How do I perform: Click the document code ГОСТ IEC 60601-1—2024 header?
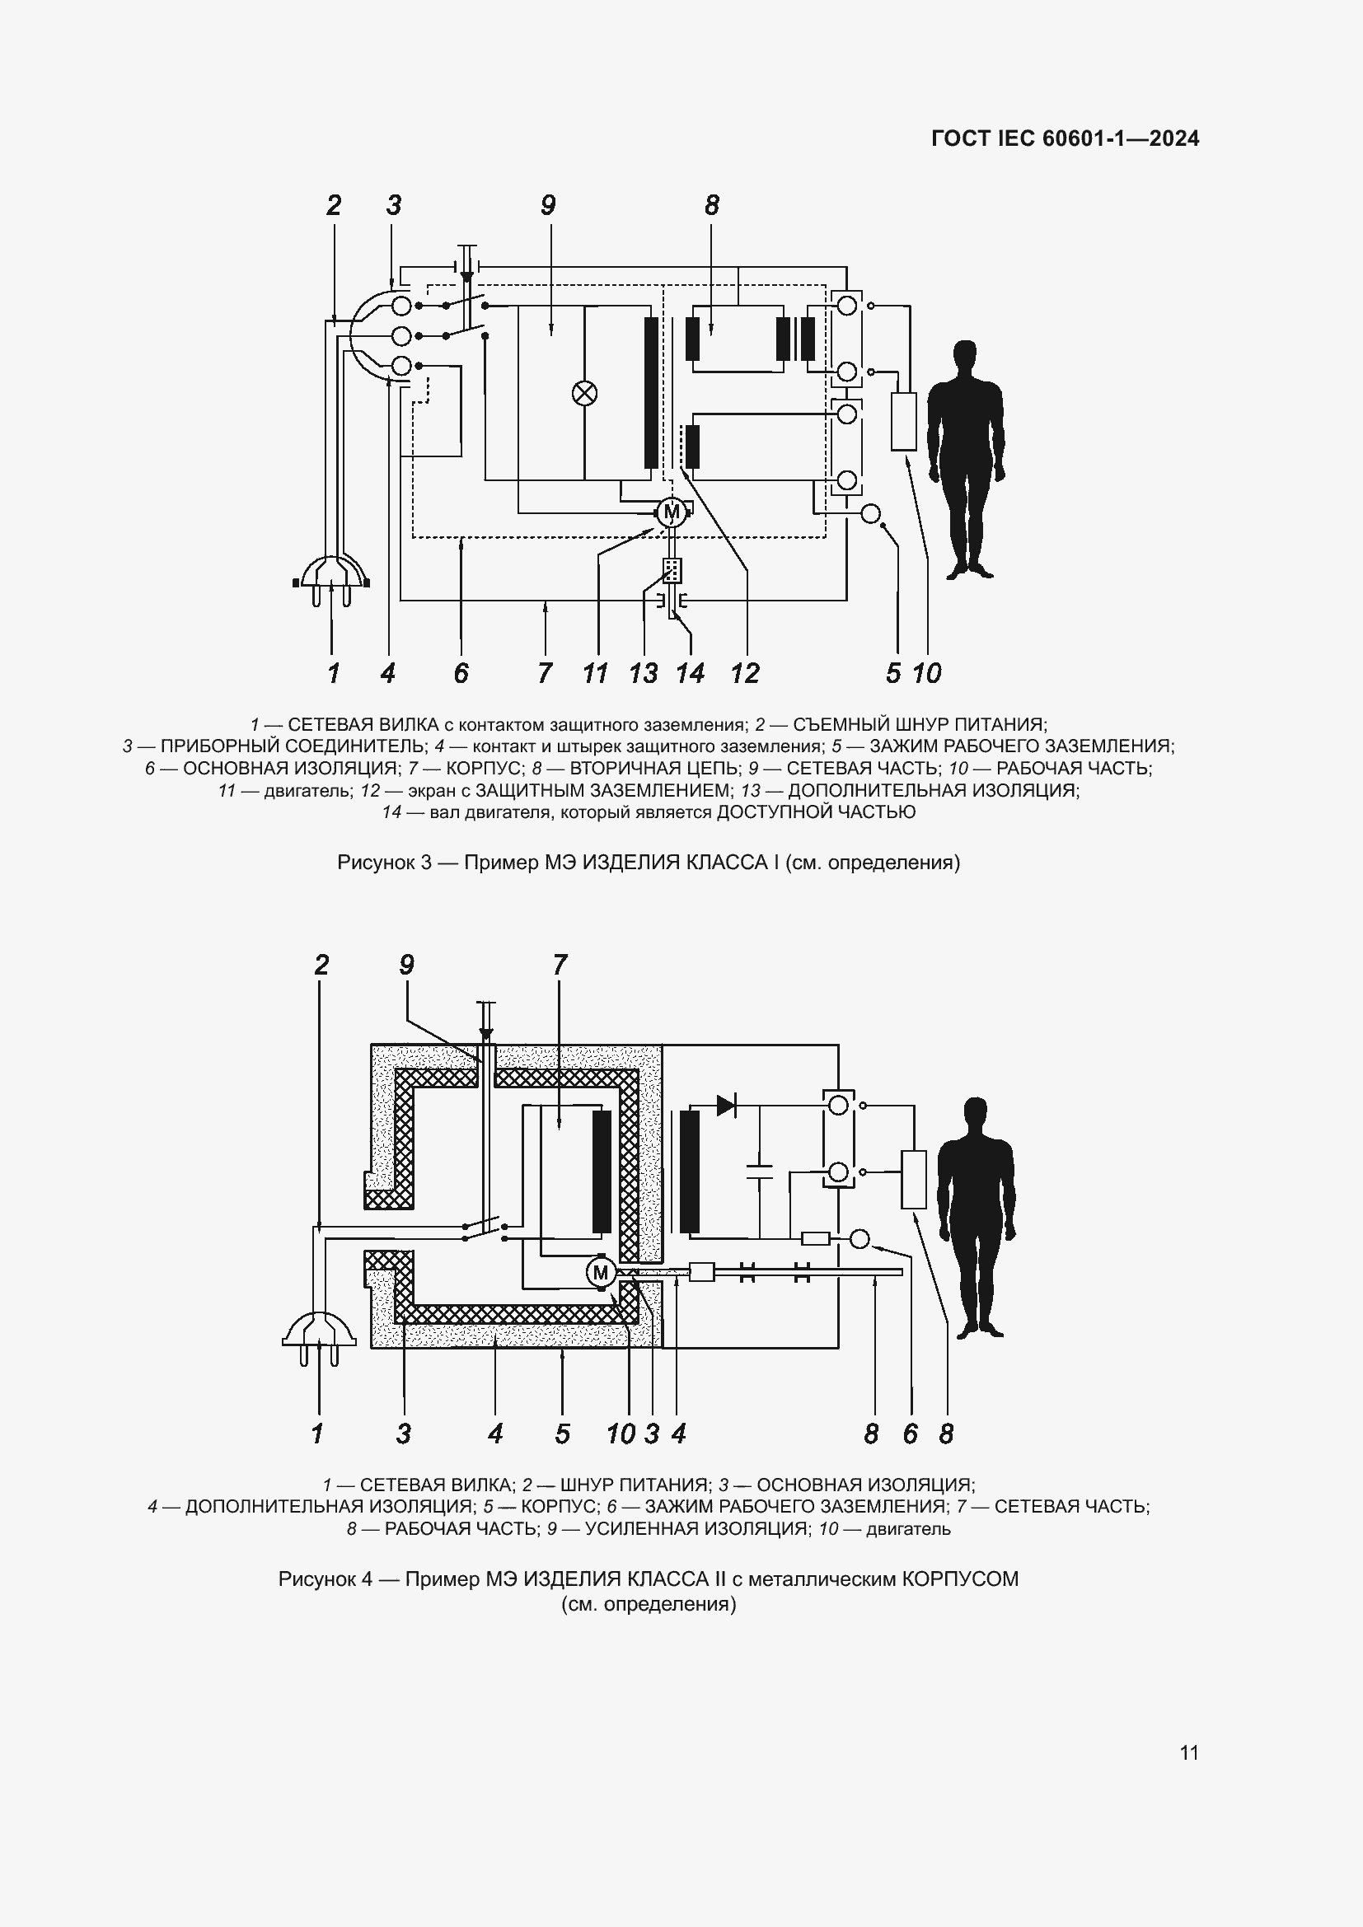[x=1065, y=138]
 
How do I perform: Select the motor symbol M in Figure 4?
[x=600, y=1273]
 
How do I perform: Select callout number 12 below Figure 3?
[x=744, y=673]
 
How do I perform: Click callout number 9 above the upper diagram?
[x=548, y=205]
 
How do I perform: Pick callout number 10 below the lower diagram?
[x=621, y=1434]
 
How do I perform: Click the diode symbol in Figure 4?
[x=727, y=1106]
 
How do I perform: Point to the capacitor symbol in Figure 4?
[x=760, y=1172]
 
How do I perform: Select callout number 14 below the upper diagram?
[x=691, y=673]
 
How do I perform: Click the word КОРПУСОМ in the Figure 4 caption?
[x=960, y=1579]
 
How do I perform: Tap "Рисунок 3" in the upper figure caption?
[x=384, y=862]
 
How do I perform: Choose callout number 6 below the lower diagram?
[x=911, y=1434]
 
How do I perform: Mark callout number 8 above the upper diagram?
[x=712, y=205]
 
